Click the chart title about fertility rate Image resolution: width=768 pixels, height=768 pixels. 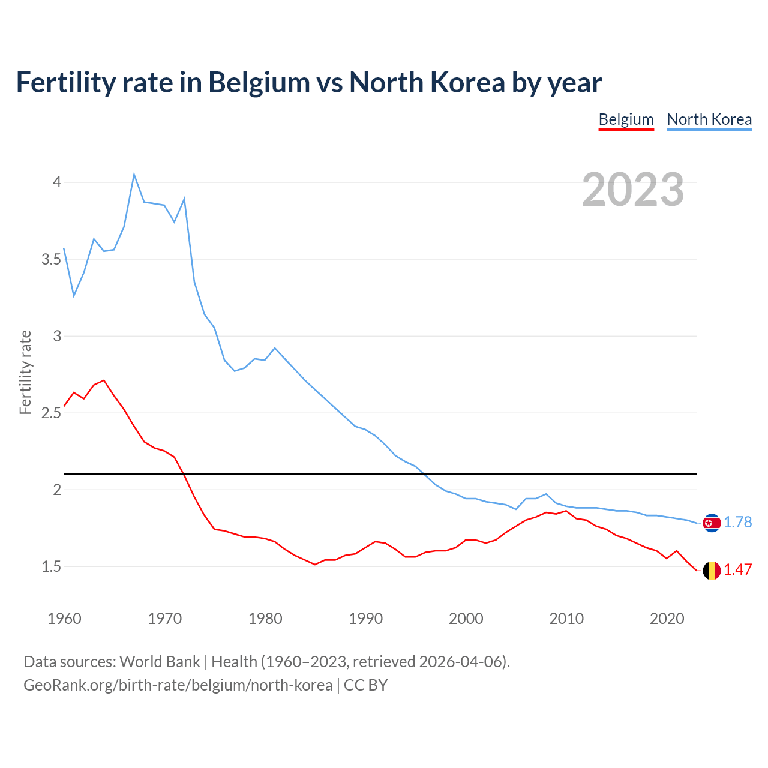(308, 83)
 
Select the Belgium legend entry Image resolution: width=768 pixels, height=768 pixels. (626, 119)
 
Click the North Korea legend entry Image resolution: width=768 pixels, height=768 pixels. (709, 119)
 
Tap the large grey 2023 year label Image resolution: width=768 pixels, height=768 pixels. (632, 190)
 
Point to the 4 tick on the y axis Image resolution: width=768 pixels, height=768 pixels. (57, 182)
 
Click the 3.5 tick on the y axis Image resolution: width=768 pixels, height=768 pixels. (52, 259)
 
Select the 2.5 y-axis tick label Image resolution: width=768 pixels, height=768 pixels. (52, 413)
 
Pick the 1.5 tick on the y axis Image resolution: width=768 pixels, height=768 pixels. (52, 566)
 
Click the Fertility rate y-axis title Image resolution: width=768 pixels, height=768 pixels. (25, 372)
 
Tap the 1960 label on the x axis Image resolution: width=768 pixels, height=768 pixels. (64, 619)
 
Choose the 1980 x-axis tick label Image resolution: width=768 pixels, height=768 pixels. (265, 619)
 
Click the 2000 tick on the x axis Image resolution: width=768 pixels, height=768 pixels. (466, 619)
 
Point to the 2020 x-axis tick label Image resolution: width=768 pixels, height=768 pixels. (667, 619)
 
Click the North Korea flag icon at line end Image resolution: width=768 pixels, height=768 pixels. (712, 523)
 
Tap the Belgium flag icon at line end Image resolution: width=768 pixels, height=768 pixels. (712, 570)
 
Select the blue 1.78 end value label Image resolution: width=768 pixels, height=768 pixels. (737, 523)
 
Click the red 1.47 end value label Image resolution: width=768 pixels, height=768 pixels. (737, 570)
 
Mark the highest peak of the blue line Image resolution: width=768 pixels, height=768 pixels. (134, 175)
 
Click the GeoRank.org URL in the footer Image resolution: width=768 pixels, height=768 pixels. (178, 685)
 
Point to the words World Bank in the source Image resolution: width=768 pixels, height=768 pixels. (160, 662)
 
